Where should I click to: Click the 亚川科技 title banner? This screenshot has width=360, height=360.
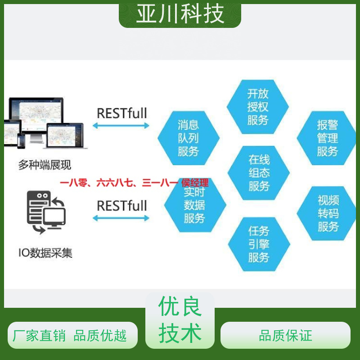point(180,14)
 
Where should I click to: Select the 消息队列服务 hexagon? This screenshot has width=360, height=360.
point(189,138)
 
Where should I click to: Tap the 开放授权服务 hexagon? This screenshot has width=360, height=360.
point(257,107)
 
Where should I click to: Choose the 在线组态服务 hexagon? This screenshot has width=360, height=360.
point(258,173)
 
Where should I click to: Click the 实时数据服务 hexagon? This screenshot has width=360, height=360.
point(195,205)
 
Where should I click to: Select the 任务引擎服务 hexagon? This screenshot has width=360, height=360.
point(259,244)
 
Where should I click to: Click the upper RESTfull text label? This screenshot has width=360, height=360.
point(122,113)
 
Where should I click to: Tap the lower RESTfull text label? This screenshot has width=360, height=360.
point(122,206)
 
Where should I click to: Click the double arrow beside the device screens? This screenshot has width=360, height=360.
point(121,126)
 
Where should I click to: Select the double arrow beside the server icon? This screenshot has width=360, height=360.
point(121,218)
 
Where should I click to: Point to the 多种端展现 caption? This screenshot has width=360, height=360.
point(45,165)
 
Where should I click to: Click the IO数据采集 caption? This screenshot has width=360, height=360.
point(45,253)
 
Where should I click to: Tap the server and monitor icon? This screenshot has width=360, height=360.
point(46,212)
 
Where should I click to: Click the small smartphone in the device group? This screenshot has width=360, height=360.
point(21,141)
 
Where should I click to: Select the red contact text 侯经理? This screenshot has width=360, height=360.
point(195,183)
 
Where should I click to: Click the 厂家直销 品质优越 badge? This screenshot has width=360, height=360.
point(72,335)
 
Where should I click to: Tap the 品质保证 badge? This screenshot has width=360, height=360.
point(285,335)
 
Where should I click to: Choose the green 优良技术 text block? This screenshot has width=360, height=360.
point(180,319)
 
